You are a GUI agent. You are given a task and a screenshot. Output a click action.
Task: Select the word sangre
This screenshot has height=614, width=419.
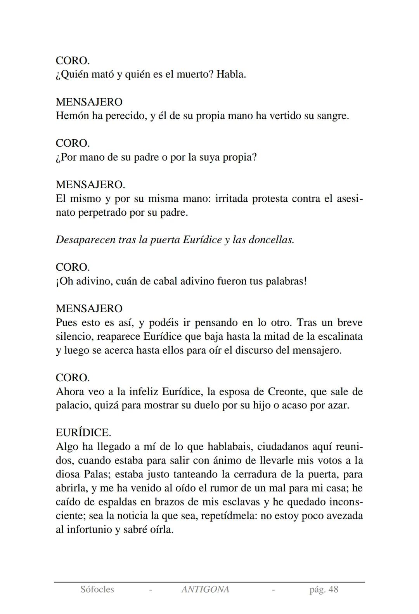coord(331,116)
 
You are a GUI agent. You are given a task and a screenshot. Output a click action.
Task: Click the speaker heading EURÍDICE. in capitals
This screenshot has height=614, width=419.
coord(83,433)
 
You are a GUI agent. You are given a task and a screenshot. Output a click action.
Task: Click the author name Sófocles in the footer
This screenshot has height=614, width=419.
coord(97,590)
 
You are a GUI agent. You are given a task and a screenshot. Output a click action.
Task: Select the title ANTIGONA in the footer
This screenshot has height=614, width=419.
coord(205,590)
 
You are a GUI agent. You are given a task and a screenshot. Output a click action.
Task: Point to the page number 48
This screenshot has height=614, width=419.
coord(333,590)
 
